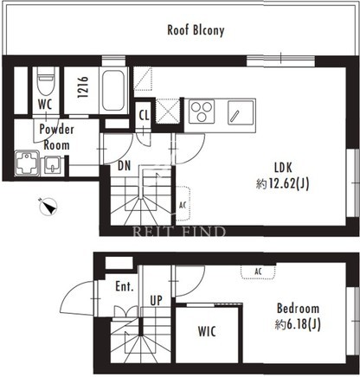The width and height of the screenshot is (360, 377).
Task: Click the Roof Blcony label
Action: (x=196, y=30)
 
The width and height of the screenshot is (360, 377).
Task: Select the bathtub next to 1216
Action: (x=113, y=91)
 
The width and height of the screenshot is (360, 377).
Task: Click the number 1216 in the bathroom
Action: (x=83, y=86)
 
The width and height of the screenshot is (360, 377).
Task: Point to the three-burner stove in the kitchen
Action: (x=202, y=112)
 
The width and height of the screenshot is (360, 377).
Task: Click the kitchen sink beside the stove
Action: (x=241, y=112)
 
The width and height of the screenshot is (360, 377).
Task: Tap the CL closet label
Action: (x=144, y=116)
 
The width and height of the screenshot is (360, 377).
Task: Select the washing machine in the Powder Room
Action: (x=27, y=163)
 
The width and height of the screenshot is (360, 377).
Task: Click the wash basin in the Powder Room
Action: (x=52, y=166)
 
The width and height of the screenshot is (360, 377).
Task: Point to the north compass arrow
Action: (x=48, y=207)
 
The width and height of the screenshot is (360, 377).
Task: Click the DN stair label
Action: (x=125, y=166)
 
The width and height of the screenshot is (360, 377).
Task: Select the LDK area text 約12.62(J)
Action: (x=282, y=183)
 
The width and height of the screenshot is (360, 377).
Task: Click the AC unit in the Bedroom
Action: (x=258, y=272)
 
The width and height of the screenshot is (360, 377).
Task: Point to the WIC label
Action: (x=207, y=331)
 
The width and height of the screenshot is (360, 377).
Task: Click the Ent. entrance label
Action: (x=125, y=286)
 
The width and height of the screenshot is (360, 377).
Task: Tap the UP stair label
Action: (x=156, y=301)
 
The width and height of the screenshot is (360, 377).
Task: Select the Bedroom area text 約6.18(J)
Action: (x=298, y=325)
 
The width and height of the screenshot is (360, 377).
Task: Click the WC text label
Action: (x=45, y=105)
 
